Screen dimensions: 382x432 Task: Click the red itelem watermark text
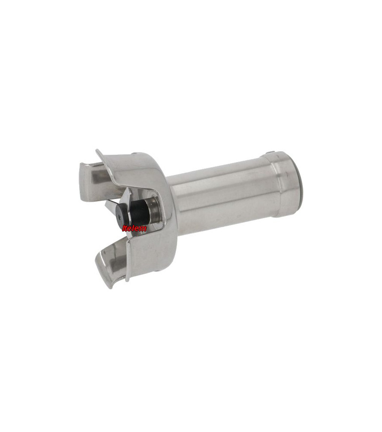[134, 228]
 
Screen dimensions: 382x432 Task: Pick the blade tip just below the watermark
[128, 236]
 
